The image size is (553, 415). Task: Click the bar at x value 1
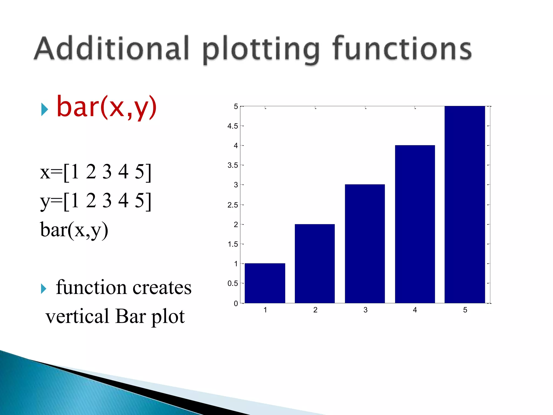265,283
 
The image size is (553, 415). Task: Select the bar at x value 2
315,263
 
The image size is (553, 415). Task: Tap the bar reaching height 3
365,243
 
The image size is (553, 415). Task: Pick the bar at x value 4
415,224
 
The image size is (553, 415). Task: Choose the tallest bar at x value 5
465,205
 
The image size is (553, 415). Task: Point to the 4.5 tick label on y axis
232,126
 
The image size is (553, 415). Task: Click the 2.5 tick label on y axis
232,205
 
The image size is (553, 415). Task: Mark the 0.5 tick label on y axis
232,283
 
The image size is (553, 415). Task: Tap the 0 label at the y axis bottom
236,303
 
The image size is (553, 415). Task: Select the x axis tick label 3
365,310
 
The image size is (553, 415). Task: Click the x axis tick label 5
465,310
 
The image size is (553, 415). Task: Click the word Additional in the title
112,49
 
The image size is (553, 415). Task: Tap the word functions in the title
402,49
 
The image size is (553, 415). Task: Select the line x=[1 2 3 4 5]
96,172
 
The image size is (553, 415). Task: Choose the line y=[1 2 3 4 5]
96,201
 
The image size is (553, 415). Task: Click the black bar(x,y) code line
74,230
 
